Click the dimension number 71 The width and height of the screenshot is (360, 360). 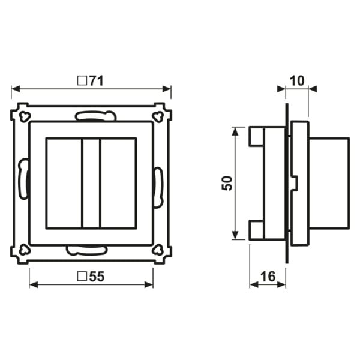(97, 81)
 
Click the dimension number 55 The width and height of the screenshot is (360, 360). (97, 277)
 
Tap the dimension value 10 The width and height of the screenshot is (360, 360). (297, 81)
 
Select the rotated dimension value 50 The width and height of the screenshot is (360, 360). (227, 183)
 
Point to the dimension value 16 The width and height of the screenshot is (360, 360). (268, 277)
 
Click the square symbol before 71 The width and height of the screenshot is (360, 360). (82, 81)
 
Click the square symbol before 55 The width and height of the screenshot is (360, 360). (82, 277)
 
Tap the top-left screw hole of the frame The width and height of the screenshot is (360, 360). (25, 116)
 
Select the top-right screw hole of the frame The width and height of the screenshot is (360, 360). (158, 116)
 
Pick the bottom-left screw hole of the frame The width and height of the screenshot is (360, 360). (25, 250)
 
